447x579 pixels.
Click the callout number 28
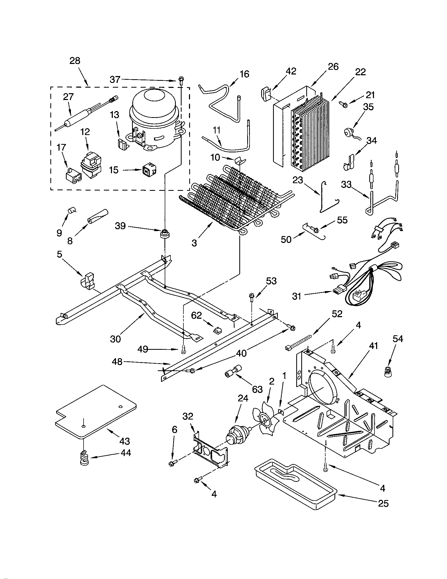pyautogui.click(x=75, y=61)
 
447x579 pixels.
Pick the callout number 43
pyautogui.click(x=124, y=441)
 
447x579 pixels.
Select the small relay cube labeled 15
pyautogui.click(x=149, y=171)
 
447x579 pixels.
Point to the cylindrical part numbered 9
pyautogui.click(x=71, y=211)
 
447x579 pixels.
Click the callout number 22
pyautogui.click(x=360, y=72)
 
